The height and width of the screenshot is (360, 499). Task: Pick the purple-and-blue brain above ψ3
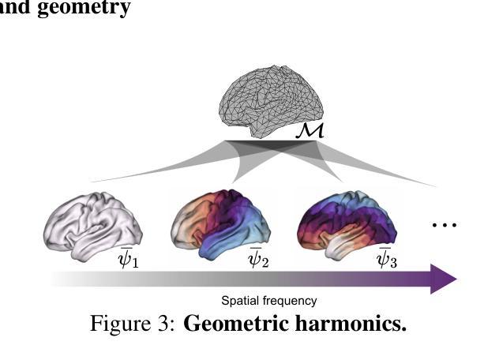pyautogui.click(x=347, y=222)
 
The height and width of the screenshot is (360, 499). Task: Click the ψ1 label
pyautogui.click(x=129, y=257)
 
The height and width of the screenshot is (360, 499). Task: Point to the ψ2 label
pyautogui.click(x=259, y=257)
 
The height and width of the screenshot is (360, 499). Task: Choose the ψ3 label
pyautogui.click(x=387, y=257)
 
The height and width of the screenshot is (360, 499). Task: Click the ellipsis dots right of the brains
pyautogui.click(x=445, y=226)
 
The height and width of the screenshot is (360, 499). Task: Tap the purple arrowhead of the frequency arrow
pyautogui.click(x=444, y=279)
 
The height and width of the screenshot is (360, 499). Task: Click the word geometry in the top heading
pyautogui.click(x=84, y=8)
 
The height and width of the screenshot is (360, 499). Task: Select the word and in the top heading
pyautogui.click(x=17, y=8)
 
